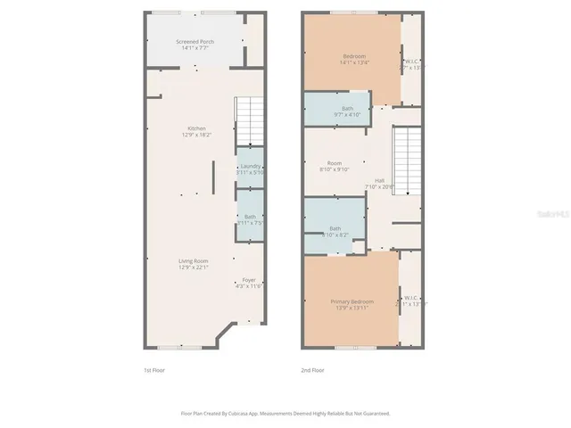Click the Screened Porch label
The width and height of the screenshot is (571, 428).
pos(194,42)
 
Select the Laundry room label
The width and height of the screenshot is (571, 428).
pos(250,166)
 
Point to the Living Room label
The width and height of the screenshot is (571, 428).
pos(194,260)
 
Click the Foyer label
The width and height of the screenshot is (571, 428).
pos(249,279)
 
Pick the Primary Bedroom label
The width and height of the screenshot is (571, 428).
pos(352,301)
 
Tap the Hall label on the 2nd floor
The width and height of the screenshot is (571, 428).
pos(379,180)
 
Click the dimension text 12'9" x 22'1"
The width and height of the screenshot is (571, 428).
pos(194,267)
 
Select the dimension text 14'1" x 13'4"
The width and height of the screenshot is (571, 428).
pos(354,62)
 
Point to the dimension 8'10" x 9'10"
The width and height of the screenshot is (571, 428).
pos(335,169)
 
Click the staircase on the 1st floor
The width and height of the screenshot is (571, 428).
pos(249,120)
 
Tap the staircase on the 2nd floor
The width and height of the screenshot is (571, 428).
pos(407,160)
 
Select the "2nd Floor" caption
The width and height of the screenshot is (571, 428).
pos(312,370)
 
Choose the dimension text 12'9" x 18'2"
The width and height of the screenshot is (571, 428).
pos(196,135)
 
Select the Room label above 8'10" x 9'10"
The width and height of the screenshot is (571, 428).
pos(335,163)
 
